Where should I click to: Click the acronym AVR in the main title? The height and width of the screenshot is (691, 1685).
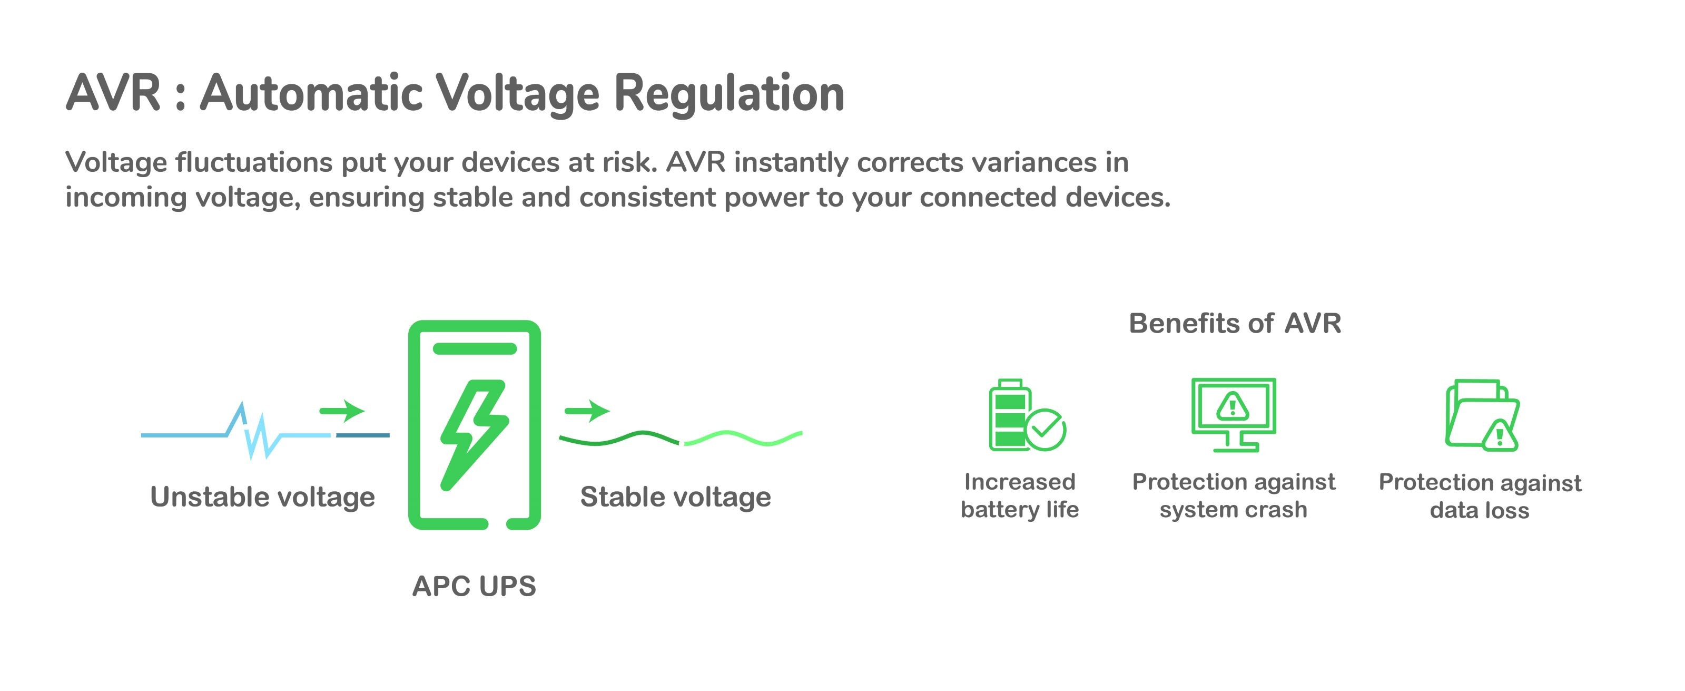[113, 94]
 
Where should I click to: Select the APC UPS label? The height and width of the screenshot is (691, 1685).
[474, 586]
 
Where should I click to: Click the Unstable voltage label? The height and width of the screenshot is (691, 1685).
[262, 497]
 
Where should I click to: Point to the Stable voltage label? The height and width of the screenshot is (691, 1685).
[676, 497]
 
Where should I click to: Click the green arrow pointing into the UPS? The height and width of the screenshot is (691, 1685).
[341, 411]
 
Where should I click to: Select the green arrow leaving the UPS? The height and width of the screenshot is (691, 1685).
[587, 411]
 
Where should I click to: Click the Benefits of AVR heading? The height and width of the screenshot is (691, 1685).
[1234, 323]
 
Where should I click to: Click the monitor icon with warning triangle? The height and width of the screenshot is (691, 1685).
[1233, 414]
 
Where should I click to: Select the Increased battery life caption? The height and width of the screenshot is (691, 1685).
[1020, 495]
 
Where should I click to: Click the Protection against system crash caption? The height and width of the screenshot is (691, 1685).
[1233, 495]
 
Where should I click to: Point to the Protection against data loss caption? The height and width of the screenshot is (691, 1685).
[1480, 496]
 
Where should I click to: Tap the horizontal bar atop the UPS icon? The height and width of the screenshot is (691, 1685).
[474, 348]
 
